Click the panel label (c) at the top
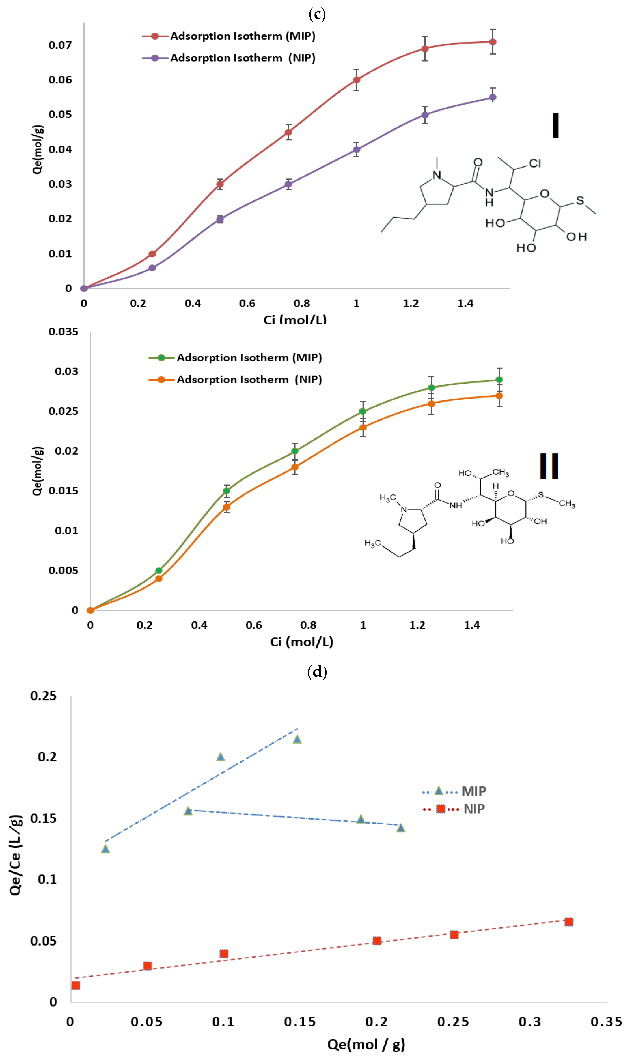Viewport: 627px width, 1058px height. tap(317, 14)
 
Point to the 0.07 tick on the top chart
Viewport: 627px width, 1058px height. tap(60, 45)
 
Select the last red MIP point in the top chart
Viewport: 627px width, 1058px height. tap(493, 42)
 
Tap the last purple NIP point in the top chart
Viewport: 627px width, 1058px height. tap(493, 97)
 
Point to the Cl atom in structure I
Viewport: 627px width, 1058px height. tap(535, 163)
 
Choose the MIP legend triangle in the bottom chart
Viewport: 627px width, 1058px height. tap(439, 791)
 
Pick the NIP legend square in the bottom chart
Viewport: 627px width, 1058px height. tap(441, 809)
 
